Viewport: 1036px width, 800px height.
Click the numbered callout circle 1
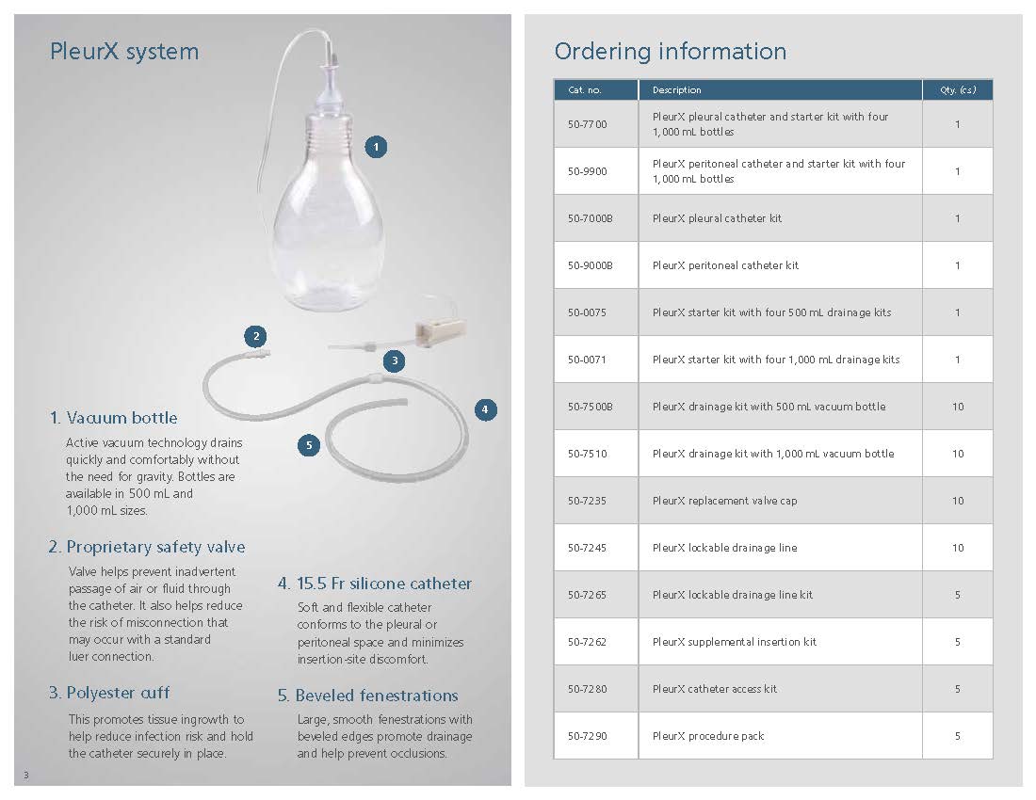(376, 147)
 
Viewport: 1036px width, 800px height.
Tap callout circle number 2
(254, 336)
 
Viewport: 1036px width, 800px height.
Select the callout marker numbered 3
(395, 360)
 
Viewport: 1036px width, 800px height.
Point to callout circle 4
(485, 409)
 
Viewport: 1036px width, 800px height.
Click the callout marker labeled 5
(308, 445)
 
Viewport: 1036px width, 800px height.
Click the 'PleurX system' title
(124, 51)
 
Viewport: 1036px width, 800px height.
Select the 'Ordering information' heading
(670, 51)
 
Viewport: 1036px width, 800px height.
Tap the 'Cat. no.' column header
(585, 90)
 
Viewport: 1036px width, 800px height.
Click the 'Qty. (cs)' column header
(958, 90)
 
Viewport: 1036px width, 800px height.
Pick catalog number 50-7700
(587, 124)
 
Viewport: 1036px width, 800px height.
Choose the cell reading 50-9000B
(590, 265)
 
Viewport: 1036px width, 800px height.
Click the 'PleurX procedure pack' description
(708, 736)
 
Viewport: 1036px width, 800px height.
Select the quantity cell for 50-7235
(958, 501)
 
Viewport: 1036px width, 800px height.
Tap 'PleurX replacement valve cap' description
(724, 501)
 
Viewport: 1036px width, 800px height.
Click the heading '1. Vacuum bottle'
(113, 418)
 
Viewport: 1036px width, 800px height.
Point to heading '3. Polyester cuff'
(109, 693)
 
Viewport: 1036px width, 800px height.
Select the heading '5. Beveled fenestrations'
(367, 696)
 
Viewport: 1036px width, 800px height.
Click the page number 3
(26, 775)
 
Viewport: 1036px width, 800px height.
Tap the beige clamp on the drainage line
(440, 331)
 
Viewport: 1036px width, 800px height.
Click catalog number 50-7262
(587, 642)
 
